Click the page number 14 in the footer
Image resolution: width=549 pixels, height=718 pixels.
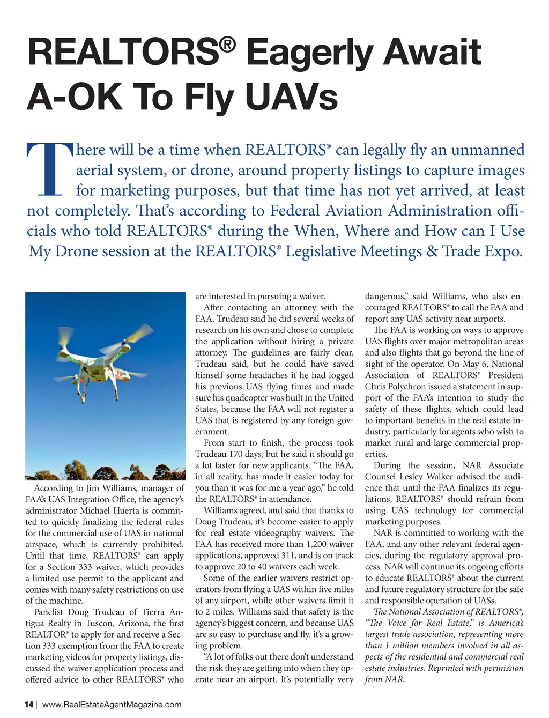[29, 705]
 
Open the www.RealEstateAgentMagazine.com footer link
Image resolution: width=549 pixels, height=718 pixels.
[112, 705]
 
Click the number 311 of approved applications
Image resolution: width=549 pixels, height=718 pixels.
[286, 556]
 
